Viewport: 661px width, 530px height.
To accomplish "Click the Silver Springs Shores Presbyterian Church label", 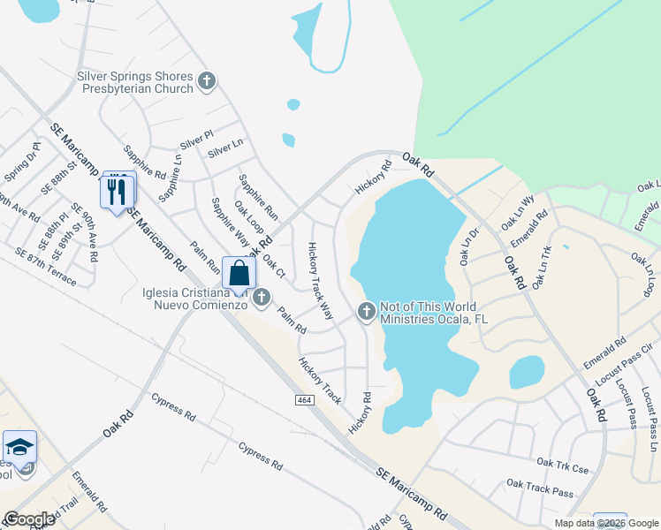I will click(134, 82).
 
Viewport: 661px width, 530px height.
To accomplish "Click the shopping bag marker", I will click(239, 273).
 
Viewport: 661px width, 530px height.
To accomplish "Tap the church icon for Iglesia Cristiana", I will click(261, 299).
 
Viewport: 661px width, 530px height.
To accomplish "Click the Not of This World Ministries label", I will click(434, 313).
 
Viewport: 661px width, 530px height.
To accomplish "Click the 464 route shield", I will click(304, 400).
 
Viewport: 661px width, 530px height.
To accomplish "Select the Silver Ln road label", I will click(225, 148).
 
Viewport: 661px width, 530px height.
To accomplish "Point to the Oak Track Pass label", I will click(539, 488).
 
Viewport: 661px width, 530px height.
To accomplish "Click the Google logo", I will click(29, 519).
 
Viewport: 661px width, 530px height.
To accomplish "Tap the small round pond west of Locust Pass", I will click(527, 372).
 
